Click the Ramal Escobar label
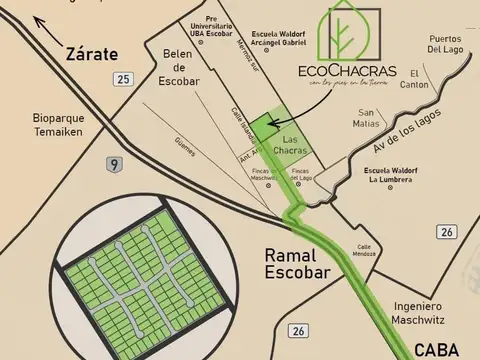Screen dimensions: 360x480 (x=291, y=263)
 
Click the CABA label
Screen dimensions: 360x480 (x=440, y=348)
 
